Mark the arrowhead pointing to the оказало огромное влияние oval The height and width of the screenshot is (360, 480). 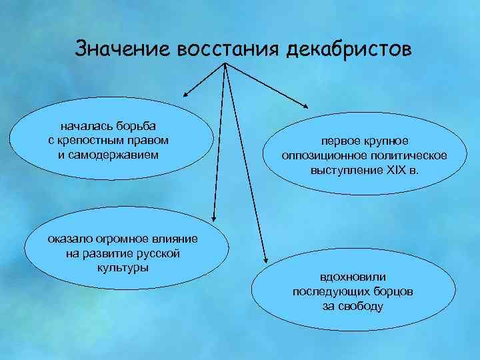[214, 217]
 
